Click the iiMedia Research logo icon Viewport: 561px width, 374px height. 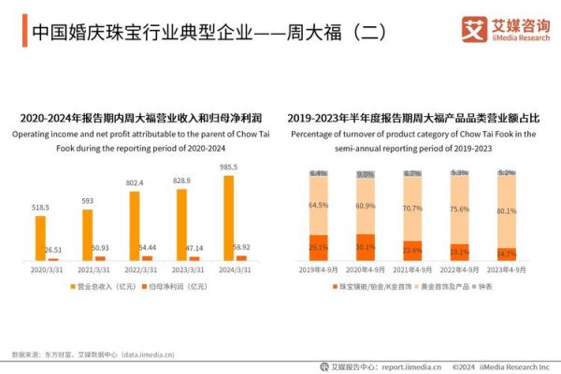(473, 29)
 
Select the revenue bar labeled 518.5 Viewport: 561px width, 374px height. (40, 237)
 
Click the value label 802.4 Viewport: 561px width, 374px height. (135, 183)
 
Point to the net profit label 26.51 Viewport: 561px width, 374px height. (53, 250)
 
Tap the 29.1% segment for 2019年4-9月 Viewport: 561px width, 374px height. (318, 248)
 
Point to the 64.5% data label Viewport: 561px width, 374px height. (318, 205)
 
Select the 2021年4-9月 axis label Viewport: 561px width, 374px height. (413, 268)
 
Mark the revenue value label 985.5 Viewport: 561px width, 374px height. (229, 167)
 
